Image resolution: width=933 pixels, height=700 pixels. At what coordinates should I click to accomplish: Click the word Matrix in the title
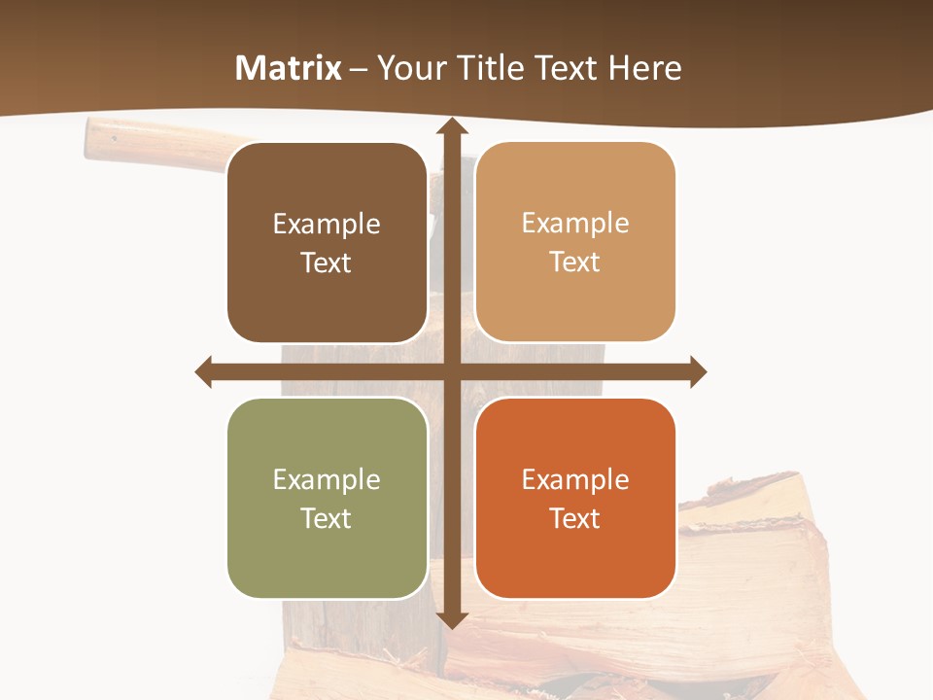point(289,68)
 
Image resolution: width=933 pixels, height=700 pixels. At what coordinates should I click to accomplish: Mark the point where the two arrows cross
point(451,371)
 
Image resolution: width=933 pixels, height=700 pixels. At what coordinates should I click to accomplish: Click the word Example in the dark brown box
point(327,225)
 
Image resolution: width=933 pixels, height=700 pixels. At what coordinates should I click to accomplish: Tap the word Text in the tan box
point(575,262)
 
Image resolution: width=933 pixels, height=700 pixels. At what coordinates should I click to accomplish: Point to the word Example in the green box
point(327,480)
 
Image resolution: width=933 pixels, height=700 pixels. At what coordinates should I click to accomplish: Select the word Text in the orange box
point(575,519)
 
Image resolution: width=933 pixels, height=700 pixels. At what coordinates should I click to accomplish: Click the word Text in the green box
point(327,519)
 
